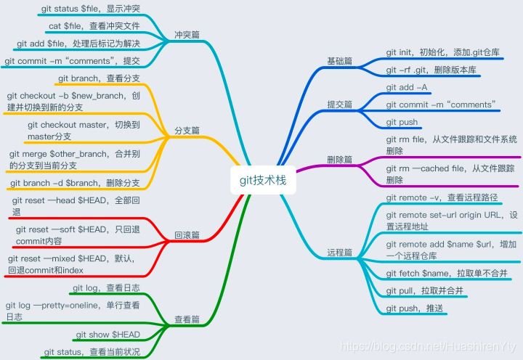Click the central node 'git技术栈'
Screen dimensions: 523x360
[262, 180]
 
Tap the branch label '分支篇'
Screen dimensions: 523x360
[187, 131]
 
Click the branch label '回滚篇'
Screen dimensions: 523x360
[187, 235]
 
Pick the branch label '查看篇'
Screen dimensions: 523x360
[187, 319]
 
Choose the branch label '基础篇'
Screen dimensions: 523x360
[340, 62]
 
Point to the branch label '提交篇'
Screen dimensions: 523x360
[340, 105]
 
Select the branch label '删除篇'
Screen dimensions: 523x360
[340, 158]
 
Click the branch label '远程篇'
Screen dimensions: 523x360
[340, 253]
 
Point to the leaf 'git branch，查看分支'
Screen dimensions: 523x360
[97, 78]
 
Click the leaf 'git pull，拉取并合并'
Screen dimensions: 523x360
[424, 291]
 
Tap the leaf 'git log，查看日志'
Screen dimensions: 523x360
[106, 288]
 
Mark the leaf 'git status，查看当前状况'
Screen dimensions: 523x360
[92, 352]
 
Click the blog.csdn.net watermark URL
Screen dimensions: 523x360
[429, 348]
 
